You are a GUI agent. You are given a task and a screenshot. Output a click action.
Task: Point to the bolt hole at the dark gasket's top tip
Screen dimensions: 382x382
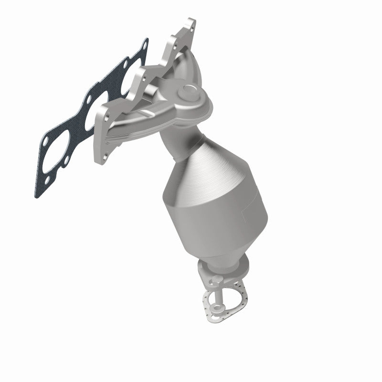(143, 47)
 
